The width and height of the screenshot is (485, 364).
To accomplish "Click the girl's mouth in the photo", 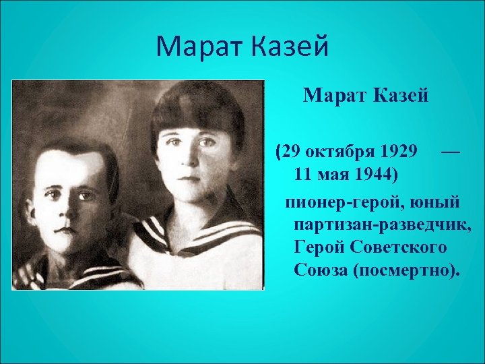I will pos(189,179).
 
